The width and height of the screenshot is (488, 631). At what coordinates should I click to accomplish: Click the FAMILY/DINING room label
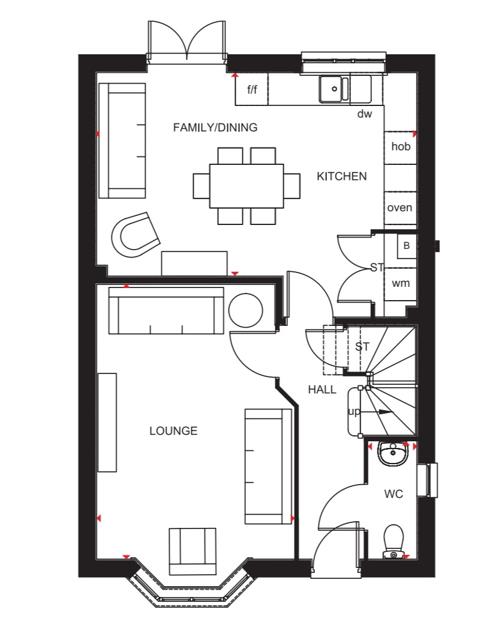click(x=215, y=128)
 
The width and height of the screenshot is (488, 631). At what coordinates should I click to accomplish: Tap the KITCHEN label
click(x=342, y=176)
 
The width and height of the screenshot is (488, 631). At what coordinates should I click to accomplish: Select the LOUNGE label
click(x=173, y=431)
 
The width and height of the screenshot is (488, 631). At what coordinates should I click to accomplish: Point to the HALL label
click(x=322, y=390)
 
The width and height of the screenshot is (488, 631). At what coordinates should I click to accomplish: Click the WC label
click(x=393, y=494)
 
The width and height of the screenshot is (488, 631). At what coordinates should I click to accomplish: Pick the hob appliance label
click(x=401, y=146)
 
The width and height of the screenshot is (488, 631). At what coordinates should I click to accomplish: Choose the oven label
click(x=400, y=208)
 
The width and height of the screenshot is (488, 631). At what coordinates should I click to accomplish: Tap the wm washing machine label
click(x=401, y=283)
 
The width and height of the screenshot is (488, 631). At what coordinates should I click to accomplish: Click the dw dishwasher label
click(x=364, y=114)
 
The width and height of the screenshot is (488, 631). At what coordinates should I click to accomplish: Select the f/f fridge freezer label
click(x=252, y=89)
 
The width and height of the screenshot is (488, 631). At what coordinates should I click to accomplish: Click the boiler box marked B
click(x=406, y=246)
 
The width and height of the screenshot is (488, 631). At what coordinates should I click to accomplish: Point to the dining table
click(x=247, y=186)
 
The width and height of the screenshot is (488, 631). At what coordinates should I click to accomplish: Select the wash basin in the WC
click(x=393, y=454)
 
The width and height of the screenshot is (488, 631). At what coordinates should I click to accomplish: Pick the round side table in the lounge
click(x=245, y=310)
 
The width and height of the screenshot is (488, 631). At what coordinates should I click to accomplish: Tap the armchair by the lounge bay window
click(x=192, y=551)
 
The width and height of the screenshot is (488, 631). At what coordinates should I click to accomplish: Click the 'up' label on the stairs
click(x=354, y=412)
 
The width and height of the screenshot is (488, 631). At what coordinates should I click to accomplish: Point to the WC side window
click(x=427, y=480)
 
